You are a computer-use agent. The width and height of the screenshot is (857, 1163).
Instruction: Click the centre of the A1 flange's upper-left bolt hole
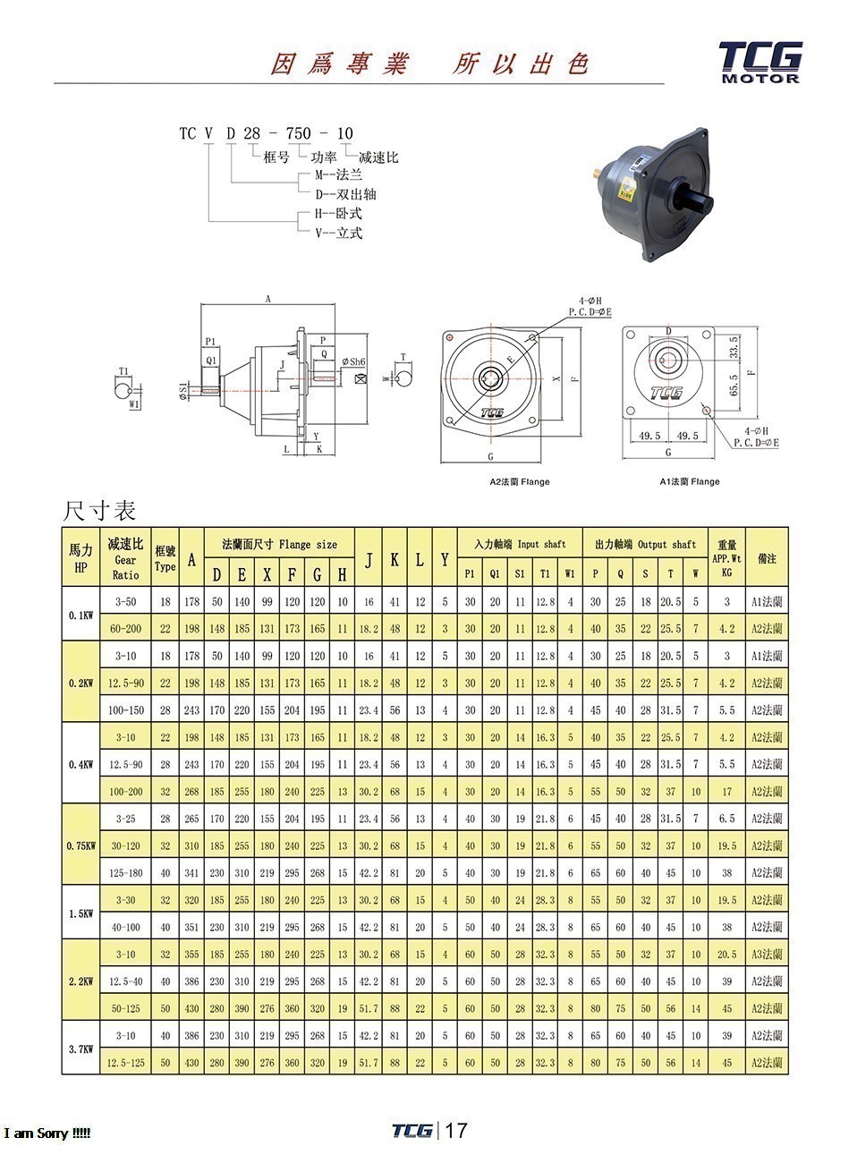(x=630, y=335)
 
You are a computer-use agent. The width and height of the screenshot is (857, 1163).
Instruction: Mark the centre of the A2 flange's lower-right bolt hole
(x=532, y=420)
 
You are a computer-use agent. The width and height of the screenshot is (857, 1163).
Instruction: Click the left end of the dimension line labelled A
(x=201, y=304)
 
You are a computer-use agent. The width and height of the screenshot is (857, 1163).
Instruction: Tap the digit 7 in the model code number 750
(x=291, y=133)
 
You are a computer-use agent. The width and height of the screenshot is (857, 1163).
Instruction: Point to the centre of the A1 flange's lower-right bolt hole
(x=707, y=411)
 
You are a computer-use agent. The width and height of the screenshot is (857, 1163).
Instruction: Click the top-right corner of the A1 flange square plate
(x=714, y=327)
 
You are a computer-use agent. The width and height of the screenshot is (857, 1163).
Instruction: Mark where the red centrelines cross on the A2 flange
(x=490, y=378)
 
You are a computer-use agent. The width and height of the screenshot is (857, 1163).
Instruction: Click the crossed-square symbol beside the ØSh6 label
(x=361, y=378)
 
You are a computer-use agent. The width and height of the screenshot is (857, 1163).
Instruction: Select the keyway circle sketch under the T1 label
(x=123, y=388)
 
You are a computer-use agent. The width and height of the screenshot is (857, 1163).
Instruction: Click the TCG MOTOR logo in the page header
(x=760, y=63)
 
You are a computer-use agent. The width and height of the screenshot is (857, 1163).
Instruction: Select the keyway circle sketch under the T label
(x=403, y=378)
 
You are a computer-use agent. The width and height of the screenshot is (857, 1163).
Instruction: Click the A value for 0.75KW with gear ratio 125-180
(x=191, y=873)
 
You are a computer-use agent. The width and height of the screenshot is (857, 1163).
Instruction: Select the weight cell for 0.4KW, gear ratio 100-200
(x=726, y=792)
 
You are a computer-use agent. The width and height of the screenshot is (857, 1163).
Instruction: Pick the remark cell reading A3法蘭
(x=767, y=955)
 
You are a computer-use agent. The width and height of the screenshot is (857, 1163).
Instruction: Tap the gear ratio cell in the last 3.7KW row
(x=125, y=1063)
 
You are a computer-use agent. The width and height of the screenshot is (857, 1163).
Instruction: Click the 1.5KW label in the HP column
(x=81, y=913)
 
